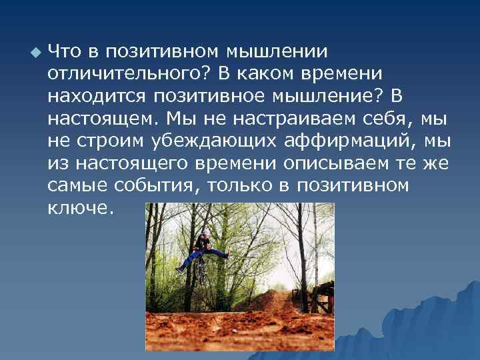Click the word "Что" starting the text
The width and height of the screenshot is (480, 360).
pyautogui.click(x=66, y=51)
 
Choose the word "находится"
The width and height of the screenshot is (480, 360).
pyautogui.click(x=95, y=97)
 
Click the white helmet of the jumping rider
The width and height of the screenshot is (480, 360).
pyautogui.click(x=206, y=231)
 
